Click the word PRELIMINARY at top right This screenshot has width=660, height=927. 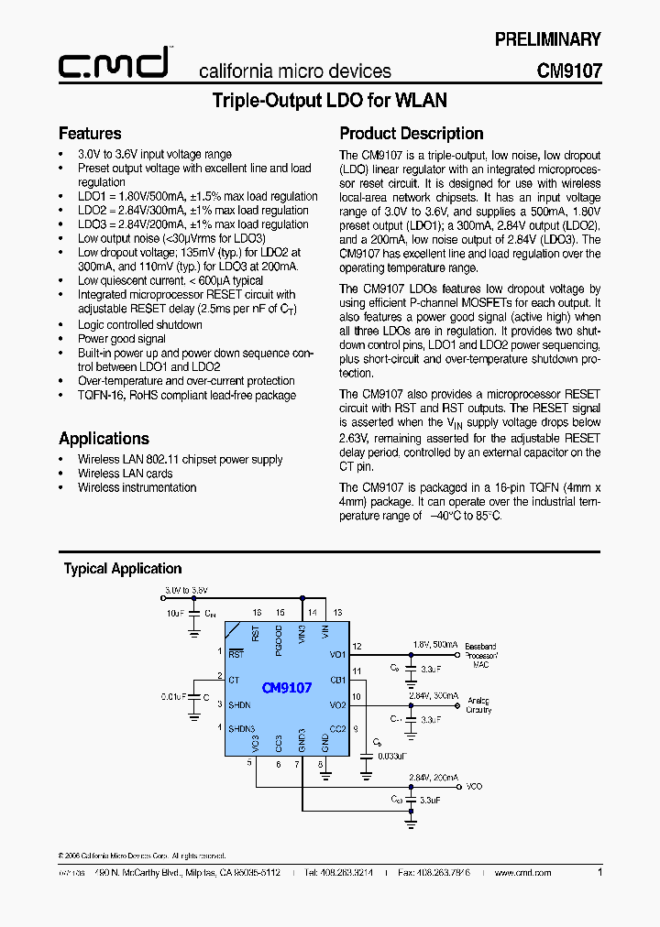[x=547, y=39]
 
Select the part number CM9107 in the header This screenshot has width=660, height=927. [x=568, y=71]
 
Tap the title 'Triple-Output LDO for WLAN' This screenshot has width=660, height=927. [x=329, y=101]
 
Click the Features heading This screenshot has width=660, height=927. [x=90, y=134]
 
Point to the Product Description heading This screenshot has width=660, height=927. [x=412, y=134]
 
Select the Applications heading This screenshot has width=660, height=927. [x=104, y=439]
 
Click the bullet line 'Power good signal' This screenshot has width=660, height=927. [x=122, y=339]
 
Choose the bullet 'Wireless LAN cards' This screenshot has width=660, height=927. [x=125, y=474]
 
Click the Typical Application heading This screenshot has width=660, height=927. [x=123, y=569]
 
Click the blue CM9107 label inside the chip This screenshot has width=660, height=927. [x=287, y=687]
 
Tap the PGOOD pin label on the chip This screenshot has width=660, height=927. [x=280, y=636]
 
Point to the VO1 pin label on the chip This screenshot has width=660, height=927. [x=336, y=655]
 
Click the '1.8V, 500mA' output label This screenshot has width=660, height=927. [x=434, y=645]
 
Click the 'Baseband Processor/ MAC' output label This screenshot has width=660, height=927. [x=480, y=655]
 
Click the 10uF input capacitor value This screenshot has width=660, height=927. [x=174, y=612]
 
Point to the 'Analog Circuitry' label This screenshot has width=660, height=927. [x=478, y=704]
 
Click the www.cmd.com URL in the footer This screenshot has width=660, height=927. [x=522, y=874]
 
